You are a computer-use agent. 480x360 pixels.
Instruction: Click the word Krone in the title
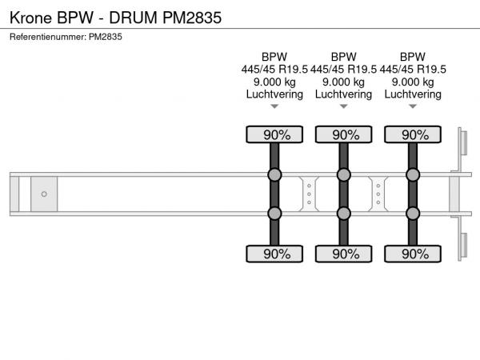tap(30, 18)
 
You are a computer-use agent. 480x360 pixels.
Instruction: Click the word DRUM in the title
tap(133, 18)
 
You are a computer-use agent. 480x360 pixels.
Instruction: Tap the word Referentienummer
tap(48, 37)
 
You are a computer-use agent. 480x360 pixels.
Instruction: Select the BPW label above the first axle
tap(274, 57)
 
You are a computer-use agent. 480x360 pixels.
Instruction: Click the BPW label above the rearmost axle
tap(413, 57)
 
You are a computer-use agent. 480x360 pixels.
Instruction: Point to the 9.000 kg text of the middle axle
tap(343, 82)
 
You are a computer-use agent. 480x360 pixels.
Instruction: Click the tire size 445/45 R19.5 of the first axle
tap(274, 69)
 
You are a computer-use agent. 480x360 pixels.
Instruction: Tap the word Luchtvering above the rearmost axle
tap(413, 94)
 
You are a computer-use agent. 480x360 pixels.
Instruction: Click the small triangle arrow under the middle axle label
tap(343, 106)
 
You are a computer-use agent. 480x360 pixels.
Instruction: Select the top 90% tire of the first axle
tap(274, 134)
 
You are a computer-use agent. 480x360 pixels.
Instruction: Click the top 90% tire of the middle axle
tap(343, 134)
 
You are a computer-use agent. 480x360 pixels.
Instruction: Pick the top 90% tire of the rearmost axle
tap(413, 134)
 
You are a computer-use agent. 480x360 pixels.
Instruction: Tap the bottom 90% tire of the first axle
tap(274, 254)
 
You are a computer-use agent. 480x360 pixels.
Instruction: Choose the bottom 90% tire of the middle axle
tap(343, 254)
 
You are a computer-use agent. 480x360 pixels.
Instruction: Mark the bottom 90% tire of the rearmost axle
tap(413, 254)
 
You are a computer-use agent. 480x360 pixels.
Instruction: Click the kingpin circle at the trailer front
tap(44, 194)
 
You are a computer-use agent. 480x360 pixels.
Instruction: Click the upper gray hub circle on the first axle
tap(274, 174)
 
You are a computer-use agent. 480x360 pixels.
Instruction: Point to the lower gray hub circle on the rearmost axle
tap(413, 214)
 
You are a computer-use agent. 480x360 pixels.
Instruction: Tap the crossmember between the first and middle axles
tap(309, 194)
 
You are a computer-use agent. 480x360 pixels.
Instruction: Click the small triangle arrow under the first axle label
tap(274, 106)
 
